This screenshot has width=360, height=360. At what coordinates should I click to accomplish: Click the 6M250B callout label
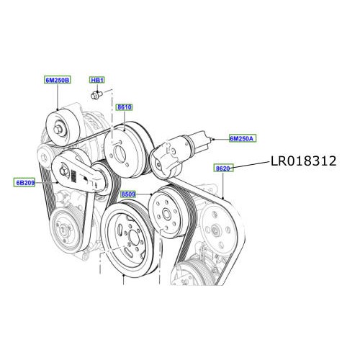58,81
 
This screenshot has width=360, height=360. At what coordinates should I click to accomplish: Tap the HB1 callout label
97,81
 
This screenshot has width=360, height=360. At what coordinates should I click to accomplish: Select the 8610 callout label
125,107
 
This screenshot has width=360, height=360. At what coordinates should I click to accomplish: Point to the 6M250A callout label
242,138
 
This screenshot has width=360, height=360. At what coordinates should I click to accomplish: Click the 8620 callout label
222,168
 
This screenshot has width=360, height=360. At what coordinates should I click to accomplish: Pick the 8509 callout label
130,194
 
